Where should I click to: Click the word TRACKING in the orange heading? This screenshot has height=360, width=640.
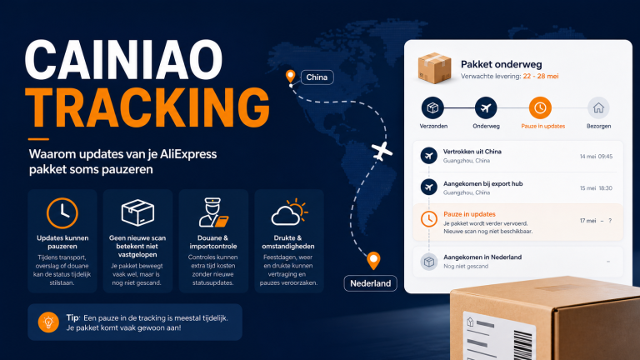[147, 107]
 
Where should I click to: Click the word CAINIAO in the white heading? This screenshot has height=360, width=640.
[124, 60]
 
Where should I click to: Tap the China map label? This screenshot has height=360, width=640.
[317, 77]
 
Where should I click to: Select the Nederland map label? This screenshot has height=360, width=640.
[371, 283]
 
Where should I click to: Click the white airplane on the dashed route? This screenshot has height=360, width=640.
[382, 152]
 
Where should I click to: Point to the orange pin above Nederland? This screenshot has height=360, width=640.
[373, 261]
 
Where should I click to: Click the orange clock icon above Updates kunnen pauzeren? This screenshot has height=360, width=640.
[62, 213]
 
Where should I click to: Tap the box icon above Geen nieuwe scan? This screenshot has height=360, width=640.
[137, 212]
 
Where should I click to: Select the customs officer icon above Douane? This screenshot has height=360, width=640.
[213, 212]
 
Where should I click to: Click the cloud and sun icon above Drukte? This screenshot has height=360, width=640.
[289, 212]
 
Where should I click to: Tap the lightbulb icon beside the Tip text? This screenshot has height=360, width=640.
[48, 322]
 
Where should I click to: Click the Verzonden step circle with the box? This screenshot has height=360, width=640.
[432, 107]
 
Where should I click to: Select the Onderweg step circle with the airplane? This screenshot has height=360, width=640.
[486, 107]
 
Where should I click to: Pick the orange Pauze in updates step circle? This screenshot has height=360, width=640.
[540, 107]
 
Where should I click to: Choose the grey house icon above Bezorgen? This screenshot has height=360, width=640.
[598, 107]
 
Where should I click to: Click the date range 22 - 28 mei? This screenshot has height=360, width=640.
[541, 77]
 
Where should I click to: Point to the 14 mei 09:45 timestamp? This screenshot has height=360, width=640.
[596, 157]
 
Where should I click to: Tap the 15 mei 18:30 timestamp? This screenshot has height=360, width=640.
[596, 188]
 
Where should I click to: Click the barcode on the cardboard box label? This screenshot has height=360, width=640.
[522, 345]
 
